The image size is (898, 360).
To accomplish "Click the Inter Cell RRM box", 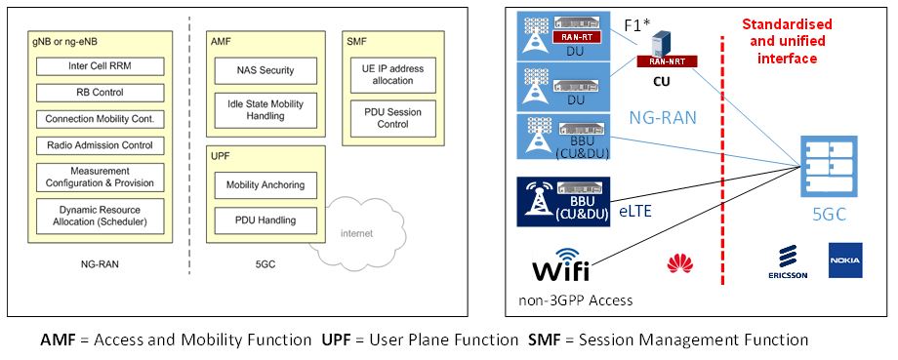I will point(100,66).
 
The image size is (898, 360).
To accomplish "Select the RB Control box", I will point(100,93).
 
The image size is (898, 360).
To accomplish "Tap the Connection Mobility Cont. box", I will point(100,119).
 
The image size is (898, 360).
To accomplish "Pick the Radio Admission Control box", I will point(100,145).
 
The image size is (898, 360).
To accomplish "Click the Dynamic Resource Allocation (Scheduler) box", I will point(100,215).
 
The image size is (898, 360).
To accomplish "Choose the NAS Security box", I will point(265,71).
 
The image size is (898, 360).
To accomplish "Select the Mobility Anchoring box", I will point(265,183).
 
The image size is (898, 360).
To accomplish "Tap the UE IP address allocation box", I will point(386,72).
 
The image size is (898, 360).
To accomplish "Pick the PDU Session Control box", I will point(386,118).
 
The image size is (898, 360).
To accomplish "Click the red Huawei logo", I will point(673,262).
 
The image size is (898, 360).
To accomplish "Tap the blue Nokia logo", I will point(845,260).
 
